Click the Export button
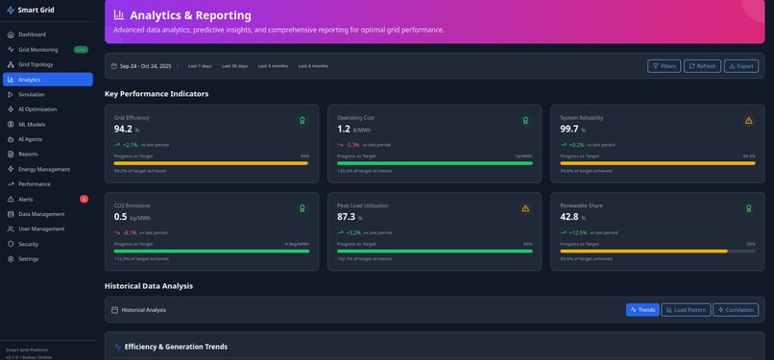740,66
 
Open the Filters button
664,66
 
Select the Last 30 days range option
234,66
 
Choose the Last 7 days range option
200,66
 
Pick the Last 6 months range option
313,66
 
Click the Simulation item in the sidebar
32,94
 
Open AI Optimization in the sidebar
37,109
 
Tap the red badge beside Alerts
85,199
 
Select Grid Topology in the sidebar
36,64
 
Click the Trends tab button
642,310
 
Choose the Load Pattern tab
686,310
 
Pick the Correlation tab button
736,310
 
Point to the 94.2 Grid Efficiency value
124,129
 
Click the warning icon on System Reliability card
749,121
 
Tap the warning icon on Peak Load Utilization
525,208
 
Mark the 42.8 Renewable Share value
569,217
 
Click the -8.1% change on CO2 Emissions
129,232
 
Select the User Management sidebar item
41,228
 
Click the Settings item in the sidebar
29,259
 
